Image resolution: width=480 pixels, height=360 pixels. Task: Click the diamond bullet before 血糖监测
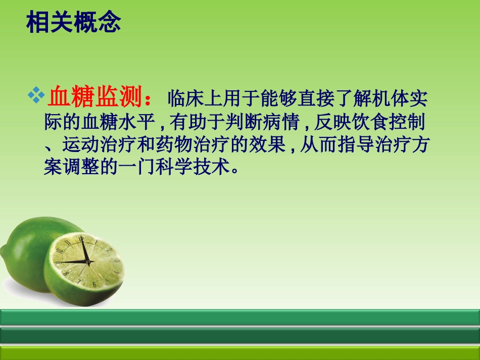pos(36,94)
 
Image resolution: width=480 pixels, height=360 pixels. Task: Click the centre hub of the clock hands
pos(87,262)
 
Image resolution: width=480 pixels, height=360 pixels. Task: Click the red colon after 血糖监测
pos(148,98)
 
